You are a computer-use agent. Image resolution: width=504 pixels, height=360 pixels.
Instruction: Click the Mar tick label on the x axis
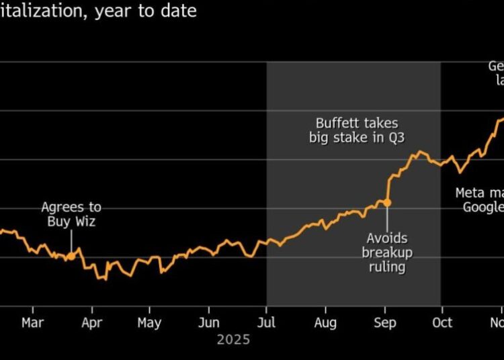32,323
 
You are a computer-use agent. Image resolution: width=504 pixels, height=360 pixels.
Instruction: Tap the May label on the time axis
149,323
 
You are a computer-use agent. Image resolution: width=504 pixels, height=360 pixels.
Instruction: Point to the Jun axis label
208,323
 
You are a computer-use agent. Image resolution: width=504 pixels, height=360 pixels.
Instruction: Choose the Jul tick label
267,323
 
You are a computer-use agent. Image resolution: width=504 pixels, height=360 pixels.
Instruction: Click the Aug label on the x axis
325,323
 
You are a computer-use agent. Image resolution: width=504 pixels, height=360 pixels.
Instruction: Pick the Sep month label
385,323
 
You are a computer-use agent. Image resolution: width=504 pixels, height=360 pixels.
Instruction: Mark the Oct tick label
442,323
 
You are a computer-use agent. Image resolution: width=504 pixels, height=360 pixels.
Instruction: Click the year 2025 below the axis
233,340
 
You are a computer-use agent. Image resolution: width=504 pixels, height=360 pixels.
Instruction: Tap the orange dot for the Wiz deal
71,256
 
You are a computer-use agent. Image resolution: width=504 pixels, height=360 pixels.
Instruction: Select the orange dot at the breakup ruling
387,202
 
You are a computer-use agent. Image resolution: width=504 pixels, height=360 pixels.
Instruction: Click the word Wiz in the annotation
84,222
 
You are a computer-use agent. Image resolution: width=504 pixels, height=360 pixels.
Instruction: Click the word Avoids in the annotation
387,238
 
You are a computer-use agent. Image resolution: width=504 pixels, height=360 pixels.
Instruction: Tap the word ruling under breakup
387,267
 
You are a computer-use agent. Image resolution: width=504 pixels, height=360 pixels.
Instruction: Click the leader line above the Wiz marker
71,241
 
